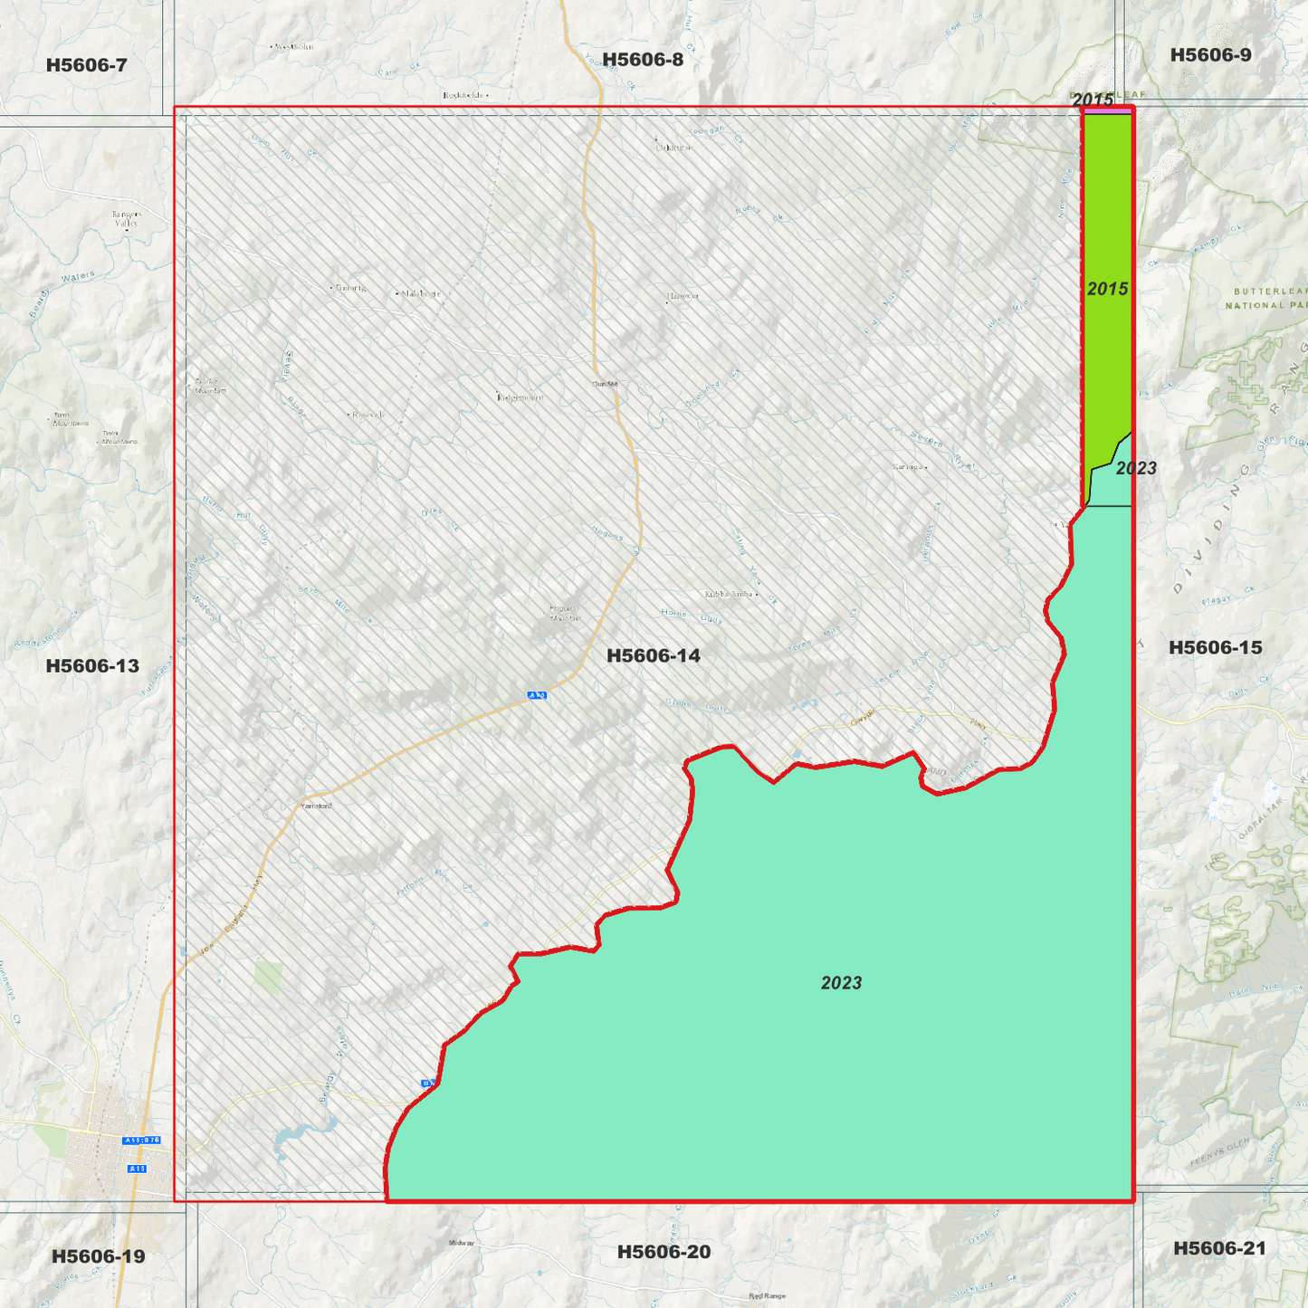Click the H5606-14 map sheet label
tap(653, 655)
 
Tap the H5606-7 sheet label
tap(86, 65)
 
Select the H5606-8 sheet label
tap(643, 60)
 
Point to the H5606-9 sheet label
tap(1210, 55)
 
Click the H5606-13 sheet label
tap(92, 666)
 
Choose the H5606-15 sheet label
tap(1215, 647)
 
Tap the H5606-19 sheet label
tap(98, 1255)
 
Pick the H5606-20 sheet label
tap(664, 1252)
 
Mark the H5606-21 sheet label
tap(1219, 1248)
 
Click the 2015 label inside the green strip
tap(1107, 289)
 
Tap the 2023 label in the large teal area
tap(841, 983)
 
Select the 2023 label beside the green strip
tap(1136, 468)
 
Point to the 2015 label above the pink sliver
tap(1093, 100)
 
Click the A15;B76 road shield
tap(142, 1140)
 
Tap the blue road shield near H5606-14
tap(537, 695)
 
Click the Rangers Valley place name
tap(127, 218)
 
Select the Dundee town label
tap(605, 384)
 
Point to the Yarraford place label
tap(316, 806)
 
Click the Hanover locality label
tap(683, 296)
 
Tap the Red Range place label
tap(767, 1296)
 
